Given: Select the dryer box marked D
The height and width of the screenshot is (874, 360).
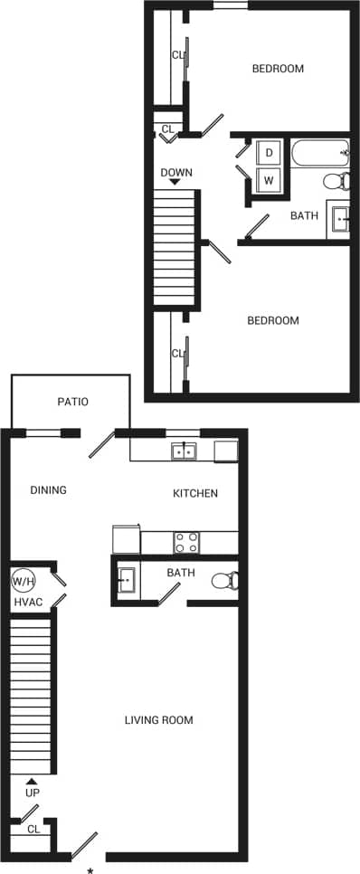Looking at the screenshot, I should pos(270,152).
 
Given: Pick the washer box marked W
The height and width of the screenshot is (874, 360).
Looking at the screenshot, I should pos(270,180).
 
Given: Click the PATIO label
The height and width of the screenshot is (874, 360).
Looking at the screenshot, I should pos(72,402).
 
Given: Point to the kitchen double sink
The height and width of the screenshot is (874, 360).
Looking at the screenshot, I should pos(185,451).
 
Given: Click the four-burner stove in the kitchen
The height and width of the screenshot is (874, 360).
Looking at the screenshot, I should pos(186,542).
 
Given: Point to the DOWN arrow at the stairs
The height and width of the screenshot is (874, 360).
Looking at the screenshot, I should pos(175,182).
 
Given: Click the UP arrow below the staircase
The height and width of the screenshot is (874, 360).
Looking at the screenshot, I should pos(33,781).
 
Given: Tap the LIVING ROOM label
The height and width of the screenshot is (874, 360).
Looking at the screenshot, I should pos(159,721).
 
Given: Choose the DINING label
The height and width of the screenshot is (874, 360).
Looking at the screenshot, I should pos(49,490).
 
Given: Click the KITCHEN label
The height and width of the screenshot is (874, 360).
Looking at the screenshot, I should pos(195,493).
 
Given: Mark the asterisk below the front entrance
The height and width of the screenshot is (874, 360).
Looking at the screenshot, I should pos(90,870).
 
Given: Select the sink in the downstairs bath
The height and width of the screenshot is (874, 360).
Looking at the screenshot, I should pos(126,579).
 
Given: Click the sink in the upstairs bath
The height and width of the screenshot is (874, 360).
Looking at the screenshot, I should pos(341,219).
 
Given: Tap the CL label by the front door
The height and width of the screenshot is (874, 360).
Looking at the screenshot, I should pos(33,829).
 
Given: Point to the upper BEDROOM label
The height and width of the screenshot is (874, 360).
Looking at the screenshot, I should pos(278,69).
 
